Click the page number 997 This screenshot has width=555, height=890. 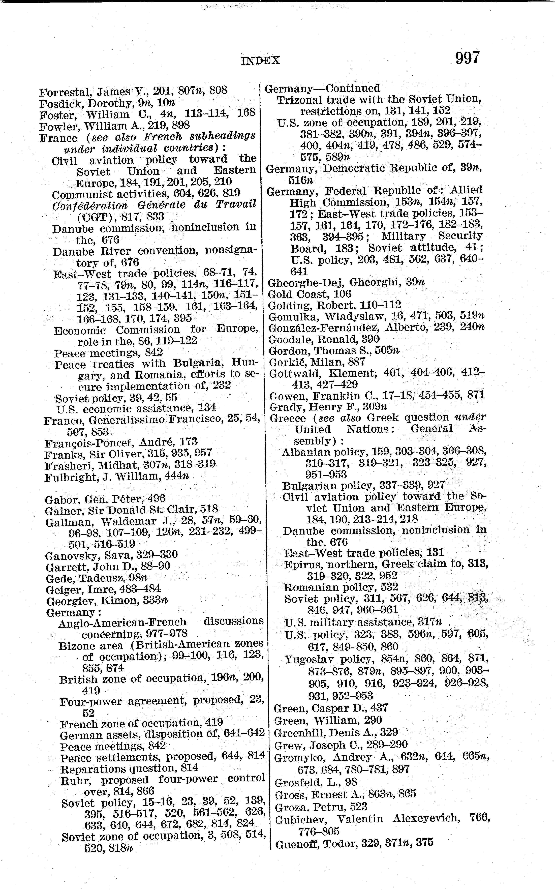pyautogui.click(x=467, y=58)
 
